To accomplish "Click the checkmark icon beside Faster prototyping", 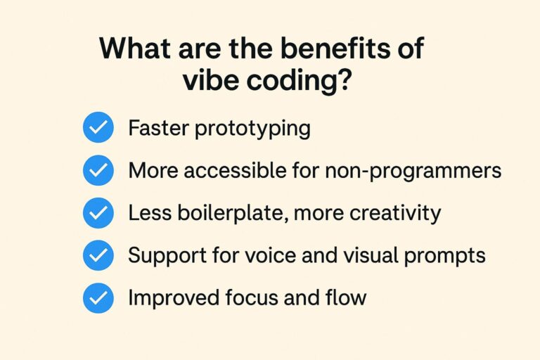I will [98, 129].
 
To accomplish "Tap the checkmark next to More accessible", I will [98, 171].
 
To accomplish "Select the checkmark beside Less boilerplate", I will [98, 213].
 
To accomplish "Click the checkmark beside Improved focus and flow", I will [98, 298].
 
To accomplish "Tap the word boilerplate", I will [238, 213].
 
